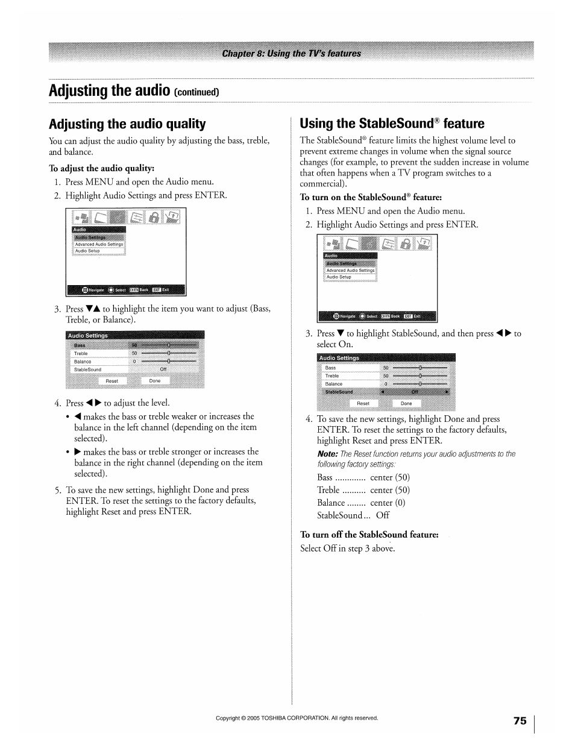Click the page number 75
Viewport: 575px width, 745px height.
(520, 721)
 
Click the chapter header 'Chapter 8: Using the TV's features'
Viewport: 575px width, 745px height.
(291, 54)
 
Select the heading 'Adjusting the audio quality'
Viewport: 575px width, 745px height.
(127, 124)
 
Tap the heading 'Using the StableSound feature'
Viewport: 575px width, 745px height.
(392, 124)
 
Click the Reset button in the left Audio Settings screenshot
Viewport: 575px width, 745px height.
(112, 381)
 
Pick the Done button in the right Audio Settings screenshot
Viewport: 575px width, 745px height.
(406, 403)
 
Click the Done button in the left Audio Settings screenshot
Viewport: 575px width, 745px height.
(155, 381)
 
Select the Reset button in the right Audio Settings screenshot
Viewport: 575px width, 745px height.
(363, 403)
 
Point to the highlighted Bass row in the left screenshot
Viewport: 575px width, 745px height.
(80, 345)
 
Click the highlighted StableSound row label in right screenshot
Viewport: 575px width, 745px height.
(339, 392)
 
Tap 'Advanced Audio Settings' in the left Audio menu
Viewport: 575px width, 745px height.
(99, 245)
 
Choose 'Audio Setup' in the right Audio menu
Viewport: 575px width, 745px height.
(339, 277)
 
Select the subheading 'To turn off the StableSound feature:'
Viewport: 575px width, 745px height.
(369, 535)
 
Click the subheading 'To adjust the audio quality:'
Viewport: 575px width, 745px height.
(102, 168)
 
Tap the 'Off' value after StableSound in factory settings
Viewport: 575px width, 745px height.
(383, 515)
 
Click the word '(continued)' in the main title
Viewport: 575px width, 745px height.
(196, 92)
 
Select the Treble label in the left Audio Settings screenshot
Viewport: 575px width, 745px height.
(81, 354)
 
